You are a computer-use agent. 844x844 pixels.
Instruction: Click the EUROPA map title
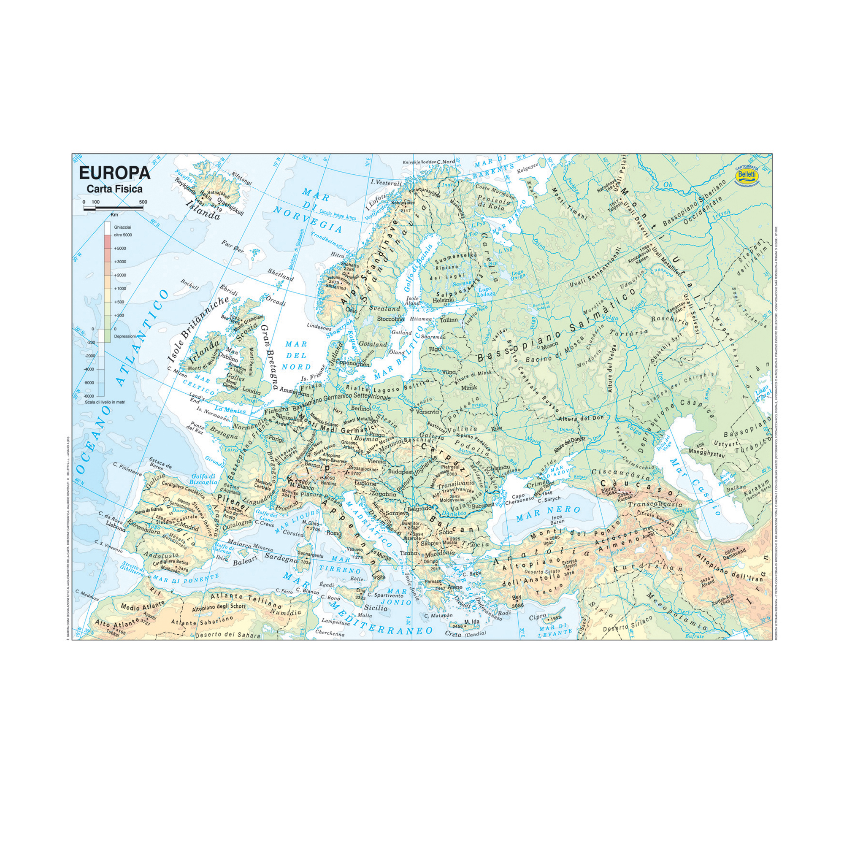114,173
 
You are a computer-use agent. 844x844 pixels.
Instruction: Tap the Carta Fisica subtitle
114,189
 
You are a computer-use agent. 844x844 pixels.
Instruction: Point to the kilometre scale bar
113,208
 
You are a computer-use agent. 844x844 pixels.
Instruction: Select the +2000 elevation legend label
120,275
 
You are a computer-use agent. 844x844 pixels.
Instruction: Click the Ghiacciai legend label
122,227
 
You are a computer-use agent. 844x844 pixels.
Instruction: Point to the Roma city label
334,533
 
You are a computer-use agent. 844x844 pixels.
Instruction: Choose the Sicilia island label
376,608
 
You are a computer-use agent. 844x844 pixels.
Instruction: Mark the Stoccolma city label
391,319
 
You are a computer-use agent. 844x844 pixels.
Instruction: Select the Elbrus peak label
609,490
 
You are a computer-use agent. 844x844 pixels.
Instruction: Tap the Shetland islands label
281,275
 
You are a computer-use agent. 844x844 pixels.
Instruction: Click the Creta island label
453,634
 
